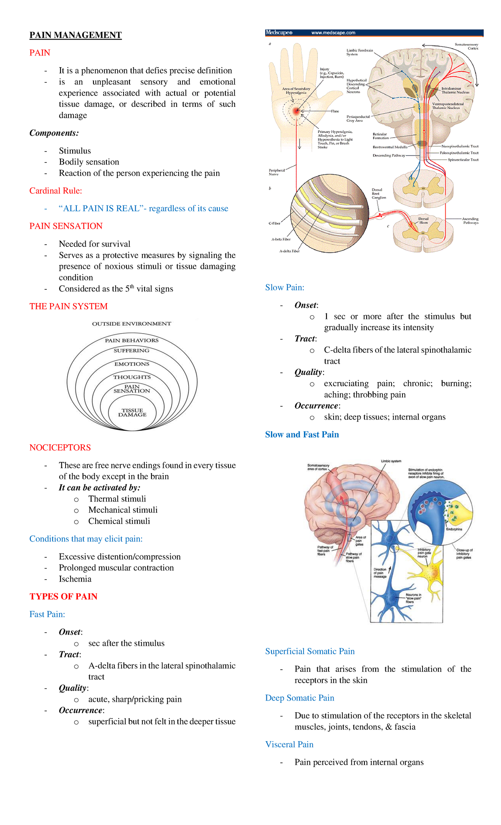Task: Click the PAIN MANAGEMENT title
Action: pyautogui.click(x=75, y=35)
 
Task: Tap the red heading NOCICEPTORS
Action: pyautogui.click(x=60, y=448)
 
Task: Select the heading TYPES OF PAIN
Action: pyautogui.click(x=63, y=597)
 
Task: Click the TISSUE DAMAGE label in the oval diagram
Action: pyautogui.click(x=132, y=412)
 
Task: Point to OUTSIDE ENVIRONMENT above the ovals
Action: pyautogui.click(x=132, y=324)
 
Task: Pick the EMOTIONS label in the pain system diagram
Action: pyautogui.click(x=132, y=364)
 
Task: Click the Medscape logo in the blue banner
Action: pyautogui.click(x=279, y=33)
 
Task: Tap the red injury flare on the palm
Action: pyautogui.click(x=296, y=111)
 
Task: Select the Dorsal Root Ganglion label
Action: pyautogui.click(x=379, y=193)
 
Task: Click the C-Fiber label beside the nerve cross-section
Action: pyautogui.click(x=274, y=223)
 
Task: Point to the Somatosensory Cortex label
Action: pyautogui.click(x=467, y=46)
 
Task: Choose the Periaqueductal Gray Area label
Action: pyautogui.click(x=358, y=119)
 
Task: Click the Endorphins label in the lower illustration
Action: pyautogui.click(x=454, y=529)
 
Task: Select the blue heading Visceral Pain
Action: pyautogui.click(x=289, y=744)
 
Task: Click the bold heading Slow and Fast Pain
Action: pyautogui.click(x=302, y=435)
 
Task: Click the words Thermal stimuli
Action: pyautogui.click(x=117, y=499)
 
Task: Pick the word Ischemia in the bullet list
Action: pyautogui.click(x=75, y=579)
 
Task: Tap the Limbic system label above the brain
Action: pyautogui.click(x=391, y=461)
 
